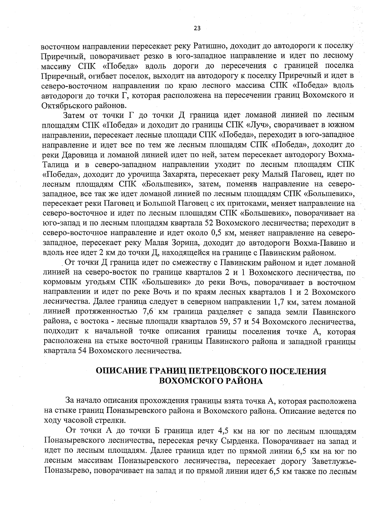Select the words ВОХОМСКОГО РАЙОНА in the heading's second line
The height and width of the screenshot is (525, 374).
(211, 381)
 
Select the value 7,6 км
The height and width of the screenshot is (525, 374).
(156, 312)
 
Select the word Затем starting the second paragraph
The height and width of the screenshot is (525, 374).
(74, 115)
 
